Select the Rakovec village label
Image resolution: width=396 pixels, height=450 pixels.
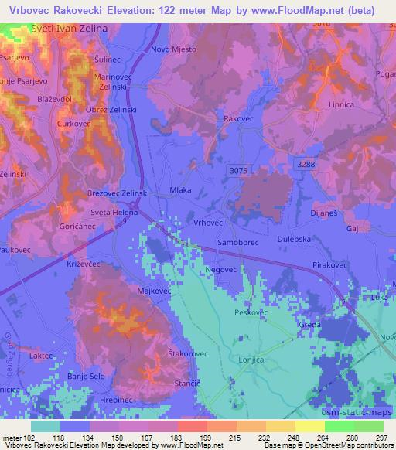pyautogui.click(x=238, y=119)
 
